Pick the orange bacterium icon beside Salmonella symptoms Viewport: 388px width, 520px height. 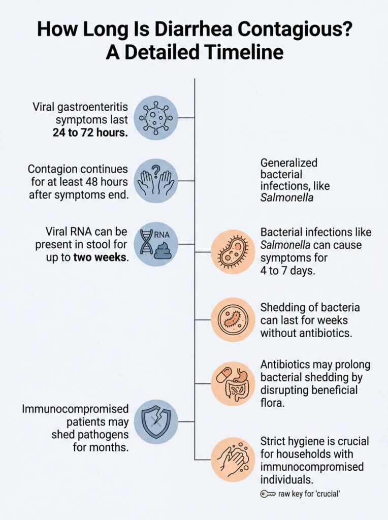tap(233, 252)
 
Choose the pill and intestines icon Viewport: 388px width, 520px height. tap(233, 383)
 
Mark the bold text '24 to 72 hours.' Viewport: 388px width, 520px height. tap(90, 134)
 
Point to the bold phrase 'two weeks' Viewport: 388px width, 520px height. tap(101, 257)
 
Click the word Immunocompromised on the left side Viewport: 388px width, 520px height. tap(75, 409)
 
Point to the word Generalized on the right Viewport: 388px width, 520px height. tap(289, 163)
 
